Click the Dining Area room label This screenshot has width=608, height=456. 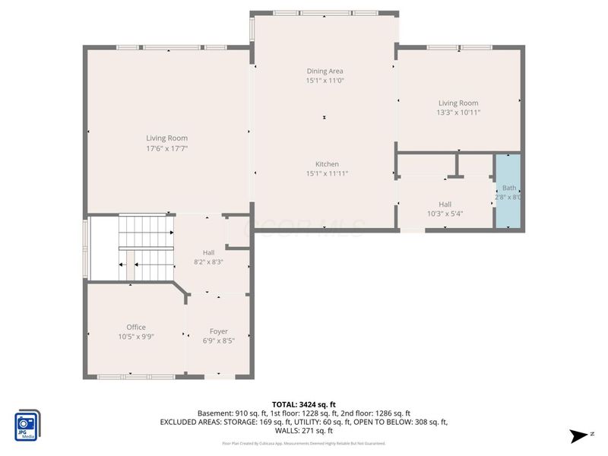click(x=325, y=71)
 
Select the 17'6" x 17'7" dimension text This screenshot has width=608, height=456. click(x=166, y=148)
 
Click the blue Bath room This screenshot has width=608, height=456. click(x=508, y=191)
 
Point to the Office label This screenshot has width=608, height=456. click(x=136, y=327)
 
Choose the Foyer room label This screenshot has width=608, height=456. click(x=219, y=331)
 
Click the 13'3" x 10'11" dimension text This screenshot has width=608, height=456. click(x=458, y=112)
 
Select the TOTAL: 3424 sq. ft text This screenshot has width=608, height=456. click(x=304, y=404)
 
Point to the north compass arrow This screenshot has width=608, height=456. click(x=581, y=435)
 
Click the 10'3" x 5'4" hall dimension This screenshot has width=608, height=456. click(x=445, y=214)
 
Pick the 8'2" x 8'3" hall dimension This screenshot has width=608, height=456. click(x=207, y=262)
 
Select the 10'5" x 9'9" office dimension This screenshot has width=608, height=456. click(x=136, y=336)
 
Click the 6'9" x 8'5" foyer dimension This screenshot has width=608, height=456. click(x=219, y=340)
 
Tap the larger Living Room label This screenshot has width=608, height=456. click(x=166, y=138)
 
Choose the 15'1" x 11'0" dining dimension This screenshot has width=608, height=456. click(x=325, y=80)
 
